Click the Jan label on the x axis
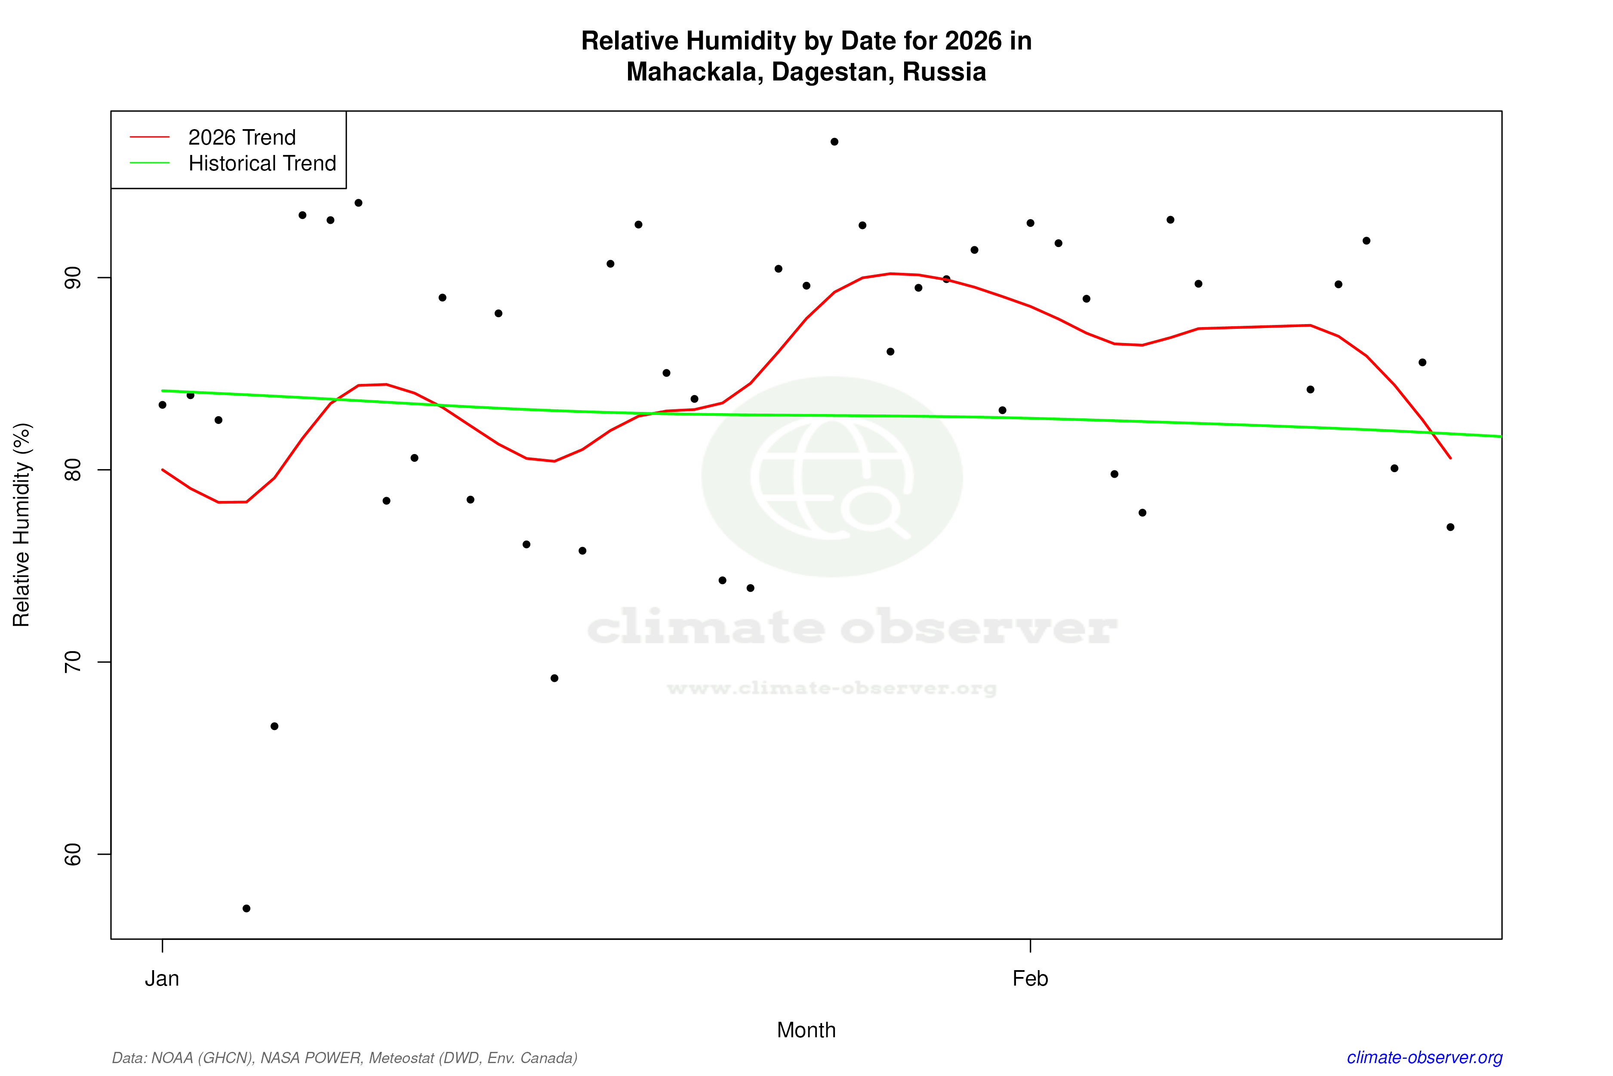click(162, 979)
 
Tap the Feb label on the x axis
click(1030, 979)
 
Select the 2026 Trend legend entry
click(241, 137)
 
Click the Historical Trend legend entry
click(262, 163)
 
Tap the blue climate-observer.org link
click(1425, 1057)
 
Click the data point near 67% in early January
click(274, 726)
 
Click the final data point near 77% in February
click(1450, 527)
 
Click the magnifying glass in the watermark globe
click(872, 511)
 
